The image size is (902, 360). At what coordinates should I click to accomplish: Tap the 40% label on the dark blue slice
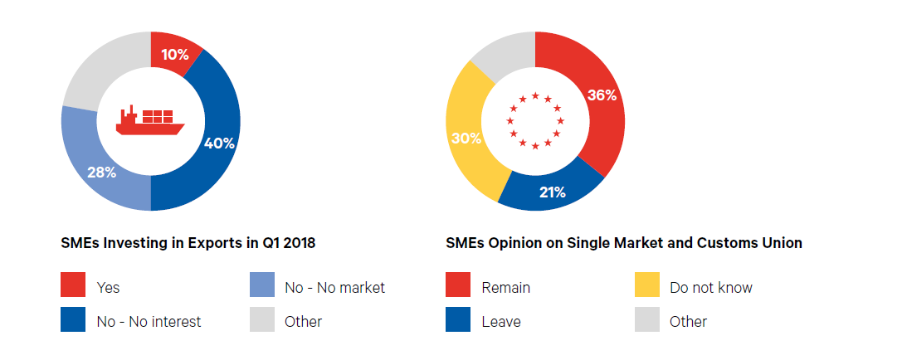[219, 143]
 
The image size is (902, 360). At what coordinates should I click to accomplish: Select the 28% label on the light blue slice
[102, 173]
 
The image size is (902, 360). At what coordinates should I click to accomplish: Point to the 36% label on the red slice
[602, 95]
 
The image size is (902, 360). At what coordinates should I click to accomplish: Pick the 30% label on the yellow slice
[466, 138]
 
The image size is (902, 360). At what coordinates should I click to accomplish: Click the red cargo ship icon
[150, 120]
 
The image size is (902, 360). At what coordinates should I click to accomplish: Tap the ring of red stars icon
[535, 121]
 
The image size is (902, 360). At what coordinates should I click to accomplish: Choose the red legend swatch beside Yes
[73, 286]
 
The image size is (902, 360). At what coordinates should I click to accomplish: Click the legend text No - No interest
[149, 321]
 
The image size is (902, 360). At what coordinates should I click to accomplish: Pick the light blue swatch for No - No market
[262, 286]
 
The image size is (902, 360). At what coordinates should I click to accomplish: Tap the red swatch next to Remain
[458, 286]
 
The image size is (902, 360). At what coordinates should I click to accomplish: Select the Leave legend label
[501, 321]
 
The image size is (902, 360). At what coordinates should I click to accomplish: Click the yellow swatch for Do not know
[647, 286]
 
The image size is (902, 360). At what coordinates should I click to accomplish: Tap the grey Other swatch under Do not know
[647, 320]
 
